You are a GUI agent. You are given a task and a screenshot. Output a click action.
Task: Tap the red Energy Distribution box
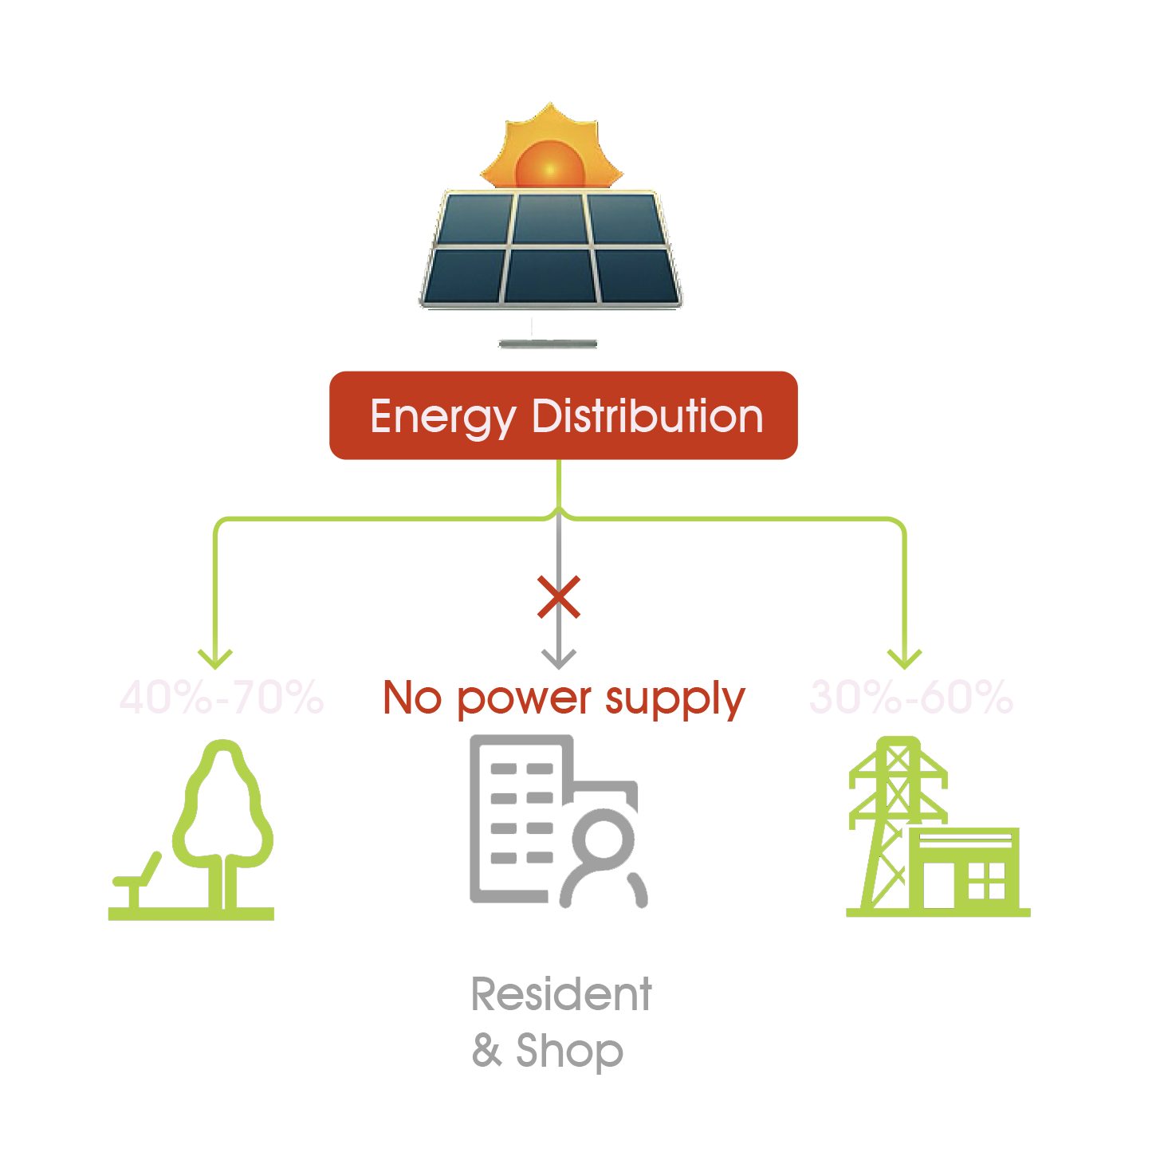coord(563,415)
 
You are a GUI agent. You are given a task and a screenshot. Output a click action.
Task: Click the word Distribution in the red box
coord(647,416)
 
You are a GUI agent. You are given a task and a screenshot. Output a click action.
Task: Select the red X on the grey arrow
coord(559,598)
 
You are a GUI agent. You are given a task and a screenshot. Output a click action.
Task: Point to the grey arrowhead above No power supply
coord(559,659)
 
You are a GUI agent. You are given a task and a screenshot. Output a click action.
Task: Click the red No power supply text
coord(564,699)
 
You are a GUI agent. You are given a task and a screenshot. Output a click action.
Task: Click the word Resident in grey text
coord(561,995)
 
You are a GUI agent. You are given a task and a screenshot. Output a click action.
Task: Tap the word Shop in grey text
coord(569,1051)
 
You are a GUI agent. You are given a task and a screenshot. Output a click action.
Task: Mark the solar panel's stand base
coord(548,344)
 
